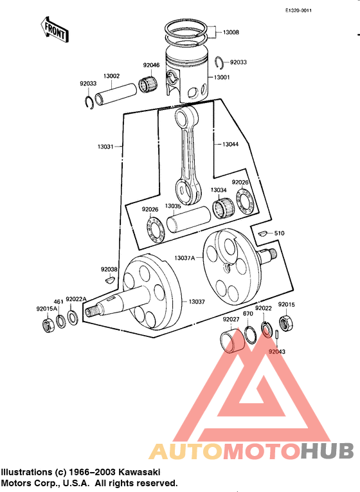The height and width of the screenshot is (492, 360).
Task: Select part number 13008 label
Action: [231, 32]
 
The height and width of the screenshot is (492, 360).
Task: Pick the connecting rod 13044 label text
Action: [230, 144]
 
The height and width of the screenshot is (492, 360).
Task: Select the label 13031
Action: [105, 147]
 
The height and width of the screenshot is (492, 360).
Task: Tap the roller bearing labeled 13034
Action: [221, 208]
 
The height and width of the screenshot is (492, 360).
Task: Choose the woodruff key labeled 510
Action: [262, 233]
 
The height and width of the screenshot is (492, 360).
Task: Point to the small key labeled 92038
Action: [108, 280]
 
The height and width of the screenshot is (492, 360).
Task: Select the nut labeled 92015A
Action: [47, 324]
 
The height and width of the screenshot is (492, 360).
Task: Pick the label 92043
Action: [277, 352]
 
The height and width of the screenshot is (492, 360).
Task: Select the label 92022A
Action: [76, 299]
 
